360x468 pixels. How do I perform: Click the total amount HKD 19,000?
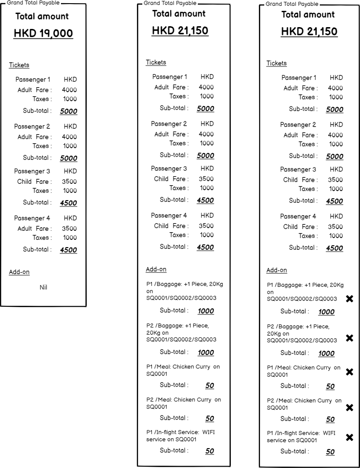[43, 33]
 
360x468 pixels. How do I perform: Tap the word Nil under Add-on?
[43, 287]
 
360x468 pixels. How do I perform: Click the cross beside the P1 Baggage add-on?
[349, 299]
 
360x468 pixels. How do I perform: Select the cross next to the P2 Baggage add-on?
[349, 338]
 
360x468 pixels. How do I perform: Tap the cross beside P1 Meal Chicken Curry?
[349, 372]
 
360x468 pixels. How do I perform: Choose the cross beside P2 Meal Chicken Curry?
[349, 407]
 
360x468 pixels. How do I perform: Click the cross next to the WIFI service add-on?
[349, 437]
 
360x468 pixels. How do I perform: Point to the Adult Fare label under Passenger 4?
[34, 229]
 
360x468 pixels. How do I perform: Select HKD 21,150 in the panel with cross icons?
[309, 32]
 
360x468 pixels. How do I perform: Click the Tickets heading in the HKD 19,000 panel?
[19, 65]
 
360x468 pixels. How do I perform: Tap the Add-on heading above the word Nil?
[19, 272]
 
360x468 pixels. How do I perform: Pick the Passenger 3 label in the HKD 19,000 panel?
[32, 171]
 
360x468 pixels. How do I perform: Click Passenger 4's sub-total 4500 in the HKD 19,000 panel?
[69, 250]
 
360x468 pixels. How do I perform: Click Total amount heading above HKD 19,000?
[42, 16]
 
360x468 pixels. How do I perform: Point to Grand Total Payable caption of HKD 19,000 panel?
[33, 3]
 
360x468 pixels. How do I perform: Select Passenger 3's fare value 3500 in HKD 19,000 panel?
[69, 182]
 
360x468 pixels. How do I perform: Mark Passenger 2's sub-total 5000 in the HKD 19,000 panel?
[69, 158]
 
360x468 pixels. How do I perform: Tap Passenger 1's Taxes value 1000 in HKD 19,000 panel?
[70, 99]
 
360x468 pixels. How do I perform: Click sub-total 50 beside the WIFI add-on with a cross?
[330, 452]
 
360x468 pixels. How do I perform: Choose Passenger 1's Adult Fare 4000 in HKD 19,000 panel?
[69, 90]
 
